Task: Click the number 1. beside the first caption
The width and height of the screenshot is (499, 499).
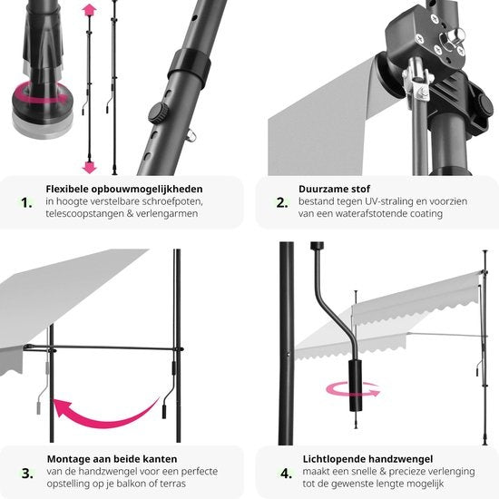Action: pyautogui.click(x=26, y=202)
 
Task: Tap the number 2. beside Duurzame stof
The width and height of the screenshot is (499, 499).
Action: pyautogui.click(x=282, y=202)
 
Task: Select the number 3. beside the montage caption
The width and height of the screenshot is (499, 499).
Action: pyautogui.click(x=27, y=474)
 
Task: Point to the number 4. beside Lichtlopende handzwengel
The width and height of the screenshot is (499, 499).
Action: pyautogui.click(x=286, y=474)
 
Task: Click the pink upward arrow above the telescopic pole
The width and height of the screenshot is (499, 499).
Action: pyautogui.click(x=89, y=10)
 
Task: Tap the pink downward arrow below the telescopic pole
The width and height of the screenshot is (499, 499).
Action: pyautogui.click(x=89, y=167)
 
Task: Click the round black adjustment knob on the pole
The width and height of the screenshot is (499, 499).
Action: pyautogui.click(x=158, y=113)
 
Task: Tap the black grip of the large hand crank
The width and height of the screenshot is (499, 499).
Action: pyautogui.click(x=356, y=385)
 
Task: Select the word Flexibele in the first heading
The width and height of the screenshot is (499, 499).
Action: pyautogui.click(x=67, y=189)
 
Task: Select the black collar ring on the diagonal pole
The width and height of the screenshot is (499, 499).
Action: pyautogui.click(x=189, y=68)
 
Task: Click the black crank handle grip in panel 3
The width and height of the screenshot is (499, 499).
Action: pyautogui.click(x=164, y=412)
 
